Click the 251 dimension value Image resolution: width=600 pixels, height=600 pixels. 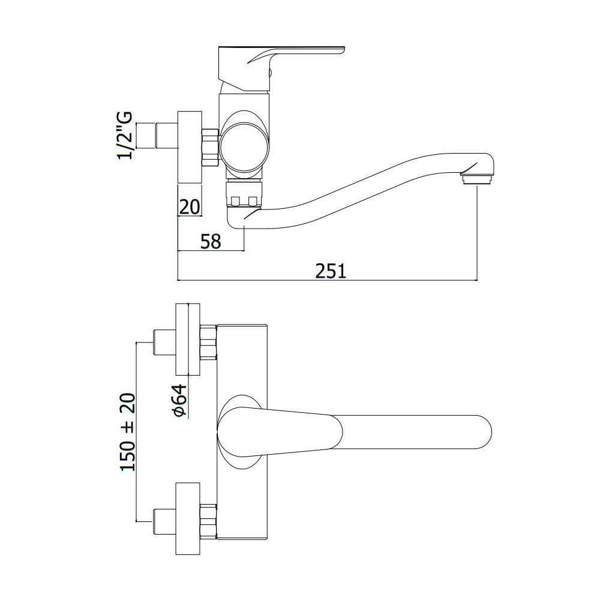pyautogui.click(x=331, y=271)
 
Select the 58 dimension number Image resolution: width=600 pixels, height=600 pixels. pyautogui.click(x=211, y=241)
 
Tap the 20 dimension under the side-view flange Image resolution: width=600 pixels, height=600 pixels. pyautogui.click(x=190, y=207)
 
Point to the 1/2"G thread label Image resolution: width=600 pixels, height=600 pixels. pyautogui.click(x=125, y=135)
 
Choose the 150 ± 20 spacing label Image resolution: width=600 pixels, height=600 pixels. pyautogui.click(x=128, y=431)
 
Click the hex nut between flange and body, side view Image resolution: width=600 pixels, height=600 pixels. pyautogui.click(x=209, y=148)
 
